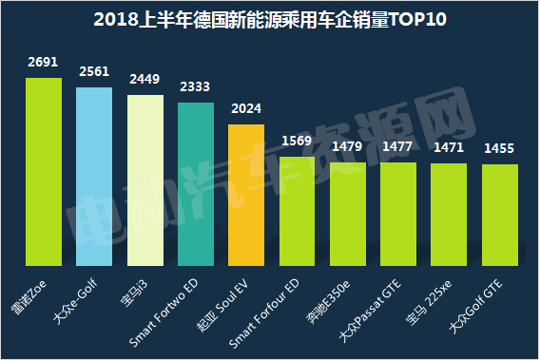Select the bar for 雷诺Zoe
44,171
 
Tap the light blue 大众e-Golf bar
95,176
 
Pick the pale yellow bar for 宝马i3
145,180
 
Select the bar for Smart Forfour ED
297,210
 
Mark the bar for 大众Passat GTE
398,213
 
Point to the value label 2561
95,72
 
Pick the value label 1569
297,142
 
